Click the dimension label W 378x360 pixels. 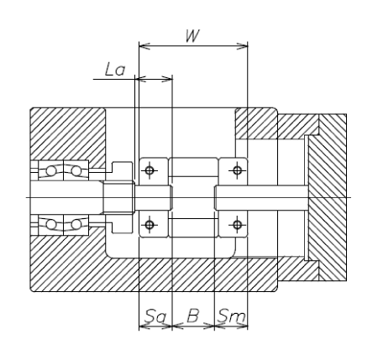193,36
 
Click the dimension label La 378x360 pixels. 115,70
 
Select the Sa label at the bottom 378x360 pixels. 155,316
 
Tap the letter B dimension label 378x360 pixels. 193,316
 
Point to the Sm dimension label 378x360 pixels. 232,316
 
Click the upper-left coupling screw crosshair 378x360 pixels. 150,170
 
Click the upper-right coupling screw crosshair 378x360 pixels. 237,170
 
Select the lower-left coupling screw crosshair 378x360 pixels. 150,224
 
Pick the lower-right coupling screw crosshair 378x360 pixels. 237,224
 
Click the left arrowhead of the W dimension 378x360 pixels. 144,46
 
